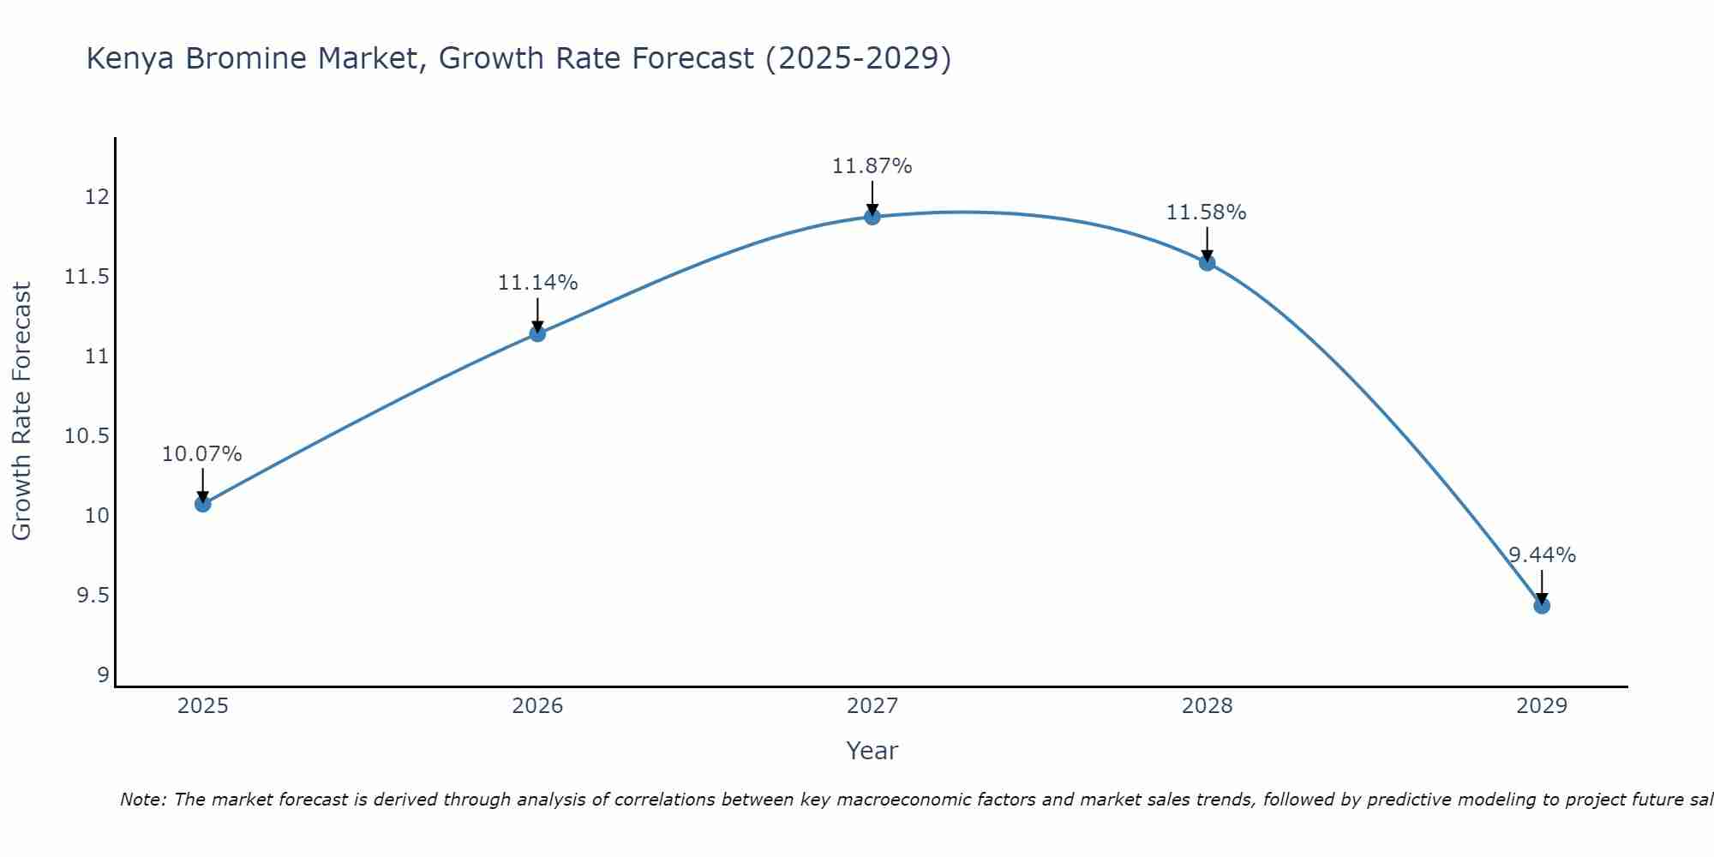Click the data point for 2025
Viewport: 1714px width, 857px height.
202,504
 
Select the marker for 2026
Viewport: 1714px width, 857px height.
537,333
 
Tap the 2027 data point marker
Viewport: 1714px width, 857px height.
872,217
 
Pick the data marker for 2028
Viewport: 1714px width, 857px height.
1207,263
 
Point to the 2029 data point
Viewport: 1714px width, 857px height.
1542,606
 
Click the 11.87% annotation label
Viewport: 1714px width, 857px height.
872,166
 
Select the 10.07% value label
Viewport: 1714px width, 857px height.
202,454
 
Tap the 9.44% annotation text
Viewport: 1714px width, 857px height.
1542,555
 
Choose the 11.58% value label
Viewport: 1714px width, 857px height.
1206,213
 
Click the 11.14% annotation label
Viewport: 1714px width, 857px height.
537,283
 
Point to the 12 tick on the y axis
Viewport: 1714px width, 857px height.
97,197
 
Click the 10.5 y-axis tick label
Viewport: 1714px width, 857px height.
87,436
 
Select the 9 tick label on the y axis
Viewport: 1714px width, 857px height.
104,675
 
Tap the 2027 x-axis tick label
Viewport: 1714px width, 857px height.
872,706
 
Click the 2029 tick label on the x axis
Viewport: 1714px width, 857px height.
1542,706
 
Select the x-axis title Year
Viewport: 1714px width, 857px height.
872,751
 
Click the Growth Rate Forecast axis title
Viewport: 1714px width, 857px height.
21,411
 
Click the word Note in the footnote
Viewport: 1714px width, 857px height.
143,800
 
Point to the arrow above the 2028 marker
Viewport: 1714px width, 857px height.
1207,243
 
